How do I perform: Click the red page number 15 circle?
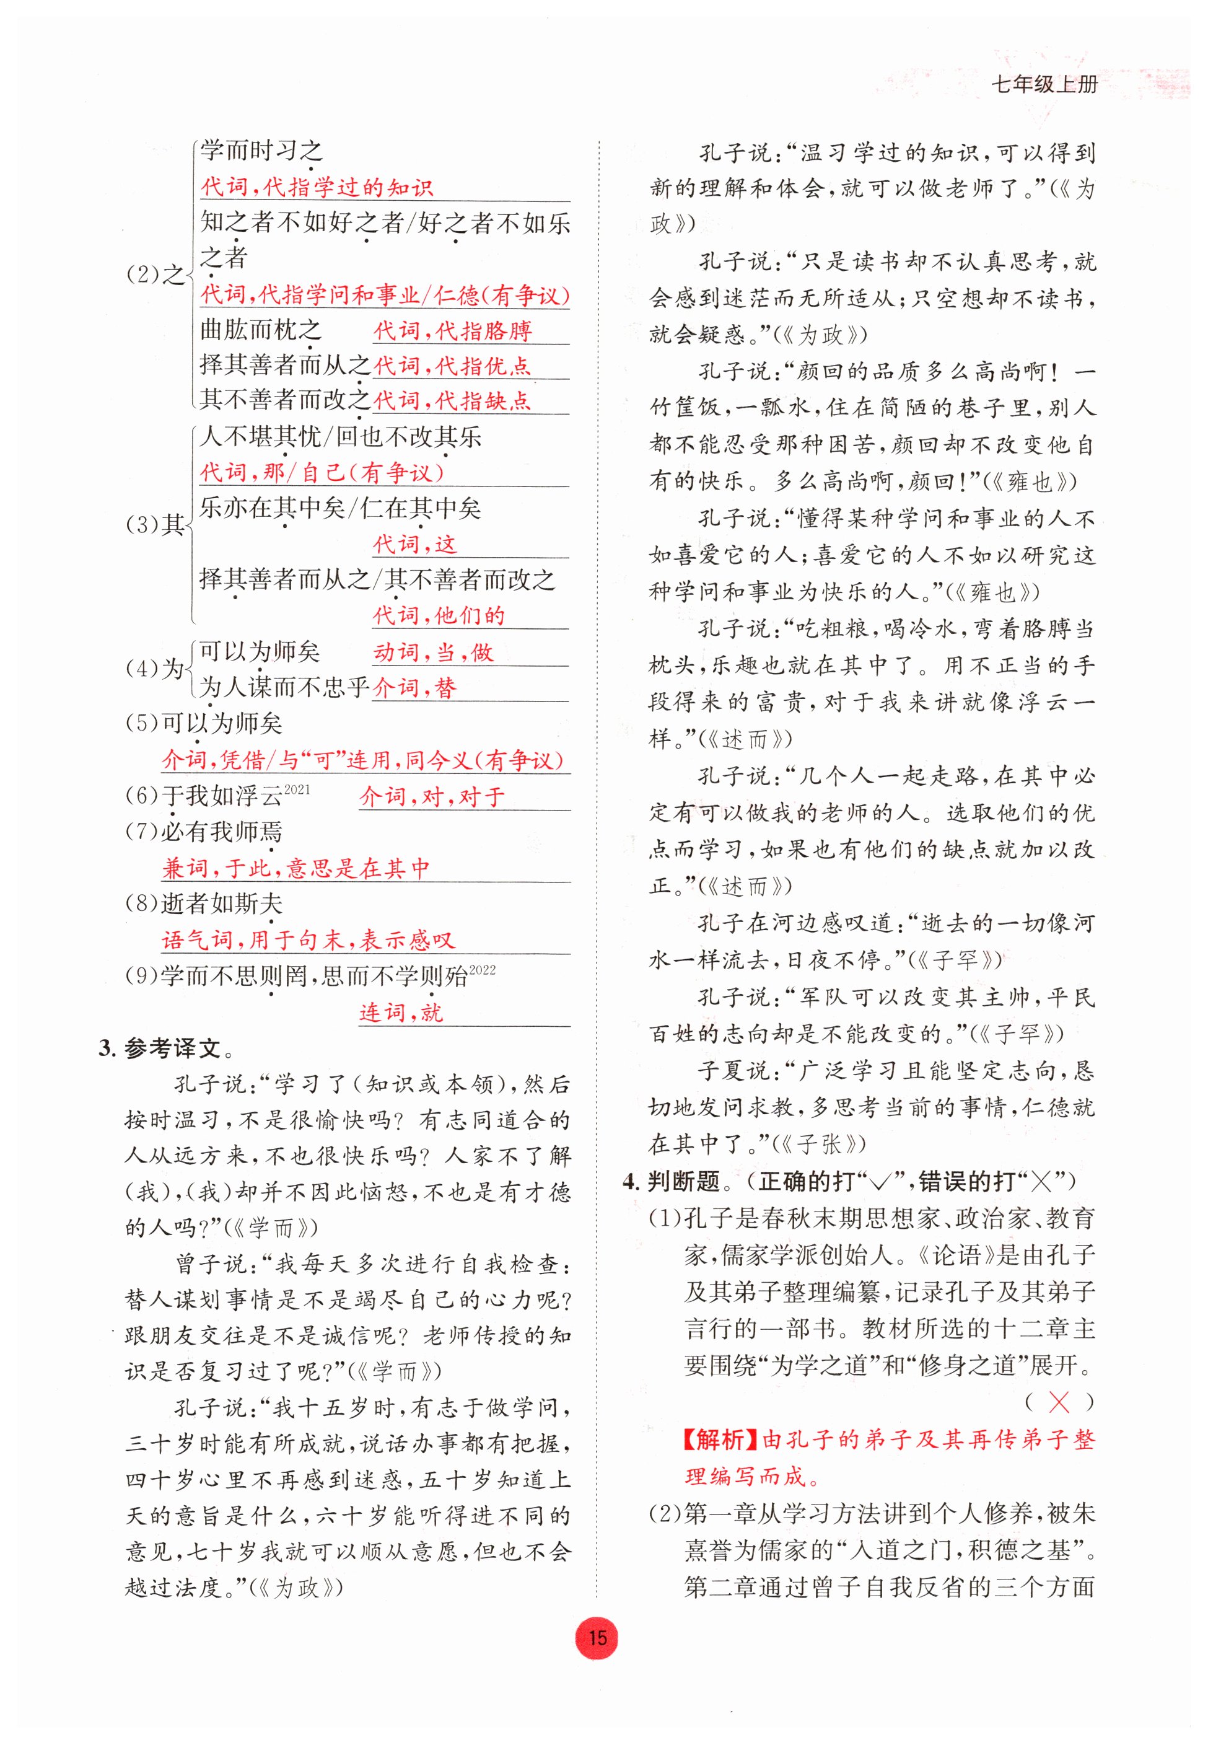[597, 1638]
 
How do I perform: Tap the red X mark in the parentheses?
[1058, 1402]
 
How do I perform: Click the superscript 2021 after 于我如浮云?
[297, 789]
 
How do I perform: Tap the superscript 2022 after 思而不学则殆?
[482, 970]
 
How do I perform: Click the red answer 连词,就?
[401, 1012]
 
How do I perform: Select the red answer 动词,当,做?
[433, 652]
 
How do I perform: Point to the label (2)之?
[155, 274]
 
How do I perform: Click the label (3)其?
[155, 524]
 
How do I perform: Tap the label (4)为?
[155, 669]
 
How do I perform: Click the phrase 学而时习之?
[262, 151]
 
